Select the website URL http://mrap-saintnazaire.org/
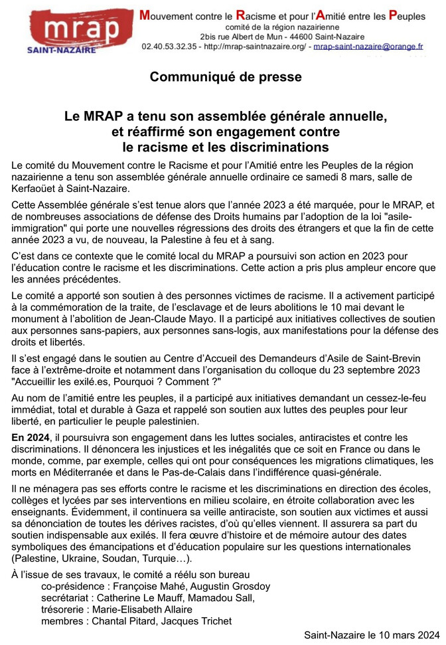coord(256,47)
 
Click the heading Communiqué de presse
coord(225,77)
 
